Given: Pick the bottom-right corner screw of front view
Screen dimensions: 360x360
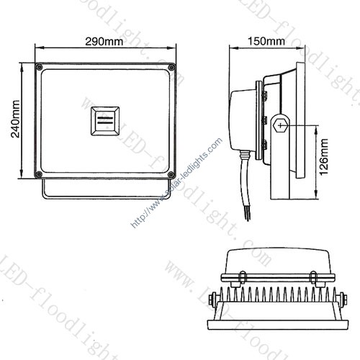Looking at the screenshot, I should (172, 174).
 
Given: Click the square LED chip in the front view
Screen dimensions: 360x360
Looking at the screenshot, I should (106, 121).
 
